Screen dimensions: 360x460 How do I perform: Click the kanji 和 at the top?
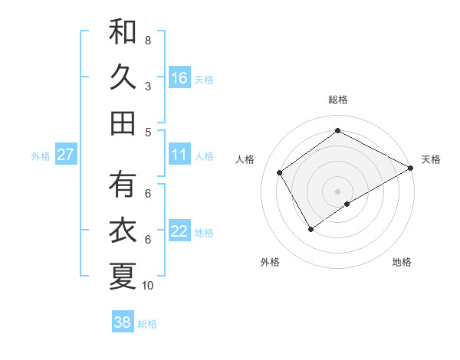pyautogui.click(x=123, y=33)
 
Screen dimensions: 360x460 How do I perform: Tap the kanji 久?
pyautogui.click(x=123, y=77)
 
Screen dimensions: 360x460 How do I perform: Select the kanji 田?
pyautogui.click(x=123, y=123)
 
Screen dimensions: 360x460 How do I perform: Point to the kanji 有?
pyautogui.click(x=123, y=186)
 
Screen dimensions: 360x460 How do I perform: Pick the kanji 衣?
pyautogui.click(x=123, y=231)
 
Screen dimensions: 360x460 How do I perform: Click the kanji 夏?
pyautogui.click(x=123, y=277)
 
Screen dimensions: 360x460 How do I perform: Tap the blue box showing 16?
pyautogui.click(x=179, y=77)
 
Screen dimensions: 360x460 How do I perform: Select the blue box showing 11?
pyautogui.click(x=179, y=155)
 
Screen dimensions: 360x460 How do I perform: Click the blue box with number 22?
pyautogui.click(x=179, y=231)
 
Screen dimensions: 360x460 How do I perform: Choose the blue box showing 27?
pyautogui.click(x=65, y=155)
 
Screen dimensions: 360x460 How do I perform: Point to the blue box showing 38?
pyautogui.click(x=123, y=322)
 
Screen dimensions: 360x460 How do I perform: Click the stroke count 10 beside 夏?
pyautogui.click(x=148, y=286)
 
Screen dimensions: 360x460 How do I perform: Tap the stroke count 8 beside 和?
pyautogui.click(x=148, y=40)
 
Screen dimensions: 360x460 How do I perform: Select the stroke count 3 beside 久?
pyautogui.click(x=148, y=87)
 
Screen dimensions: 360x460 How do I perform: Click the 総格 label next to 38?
pyautogui.click(x=147, y=324)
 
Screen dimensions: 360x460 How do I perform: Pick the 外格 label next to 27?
pyautogui.click(x=41, y=156)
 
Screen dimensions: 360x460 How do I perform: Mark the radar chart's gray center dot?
pyautogui.click(x=337, y=190)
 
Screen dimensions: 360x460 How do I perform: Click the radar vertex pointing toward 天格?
pyautogui.click(x=411, y=169)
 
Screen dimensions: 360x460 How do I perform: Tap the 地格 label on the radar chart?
pyautogui.click(x=402, y=262)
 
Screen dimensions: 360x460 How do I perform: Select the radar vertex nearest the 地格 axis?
pyautogui.click(x=347, y=204)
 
